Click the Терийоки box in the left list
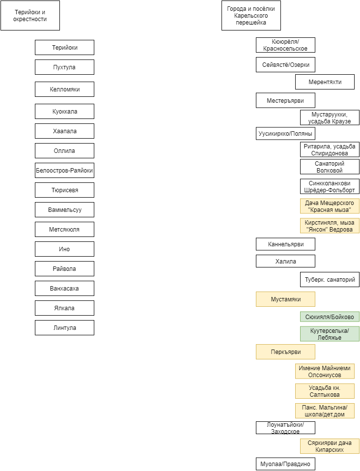tap(64, 48)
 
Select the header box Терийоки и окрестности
tap(30, 16)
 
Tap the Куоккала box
tap(64, 112)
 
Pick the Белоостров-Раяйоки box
tap(64, 171)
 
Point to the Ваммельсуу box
tap(64, 210)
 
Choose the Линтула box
tap(64, 328)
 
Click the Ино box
tap(64, 249)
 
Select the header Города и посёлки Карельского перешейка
tap(251, 16)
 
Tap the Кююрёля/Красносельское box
tap(285, 45)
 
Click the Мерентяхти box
tap(325, 82)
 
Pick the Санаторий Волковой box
tap(330, 167)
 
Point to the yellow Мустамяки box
tap(285, 299)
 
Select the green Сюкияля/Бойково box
tap(330, 317)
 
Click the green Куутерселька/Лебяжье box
tap(330, 334)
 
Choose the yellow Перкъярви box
tap(285, 352)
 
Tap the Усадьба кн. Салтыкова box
tap(325, 391)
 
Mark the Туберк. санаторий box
tap(330, 280)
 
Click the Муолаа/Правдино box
tap(285, 464)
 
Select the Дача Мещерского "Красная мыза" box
tap(330, 206)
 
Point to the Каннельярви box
tap(285, 244)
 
